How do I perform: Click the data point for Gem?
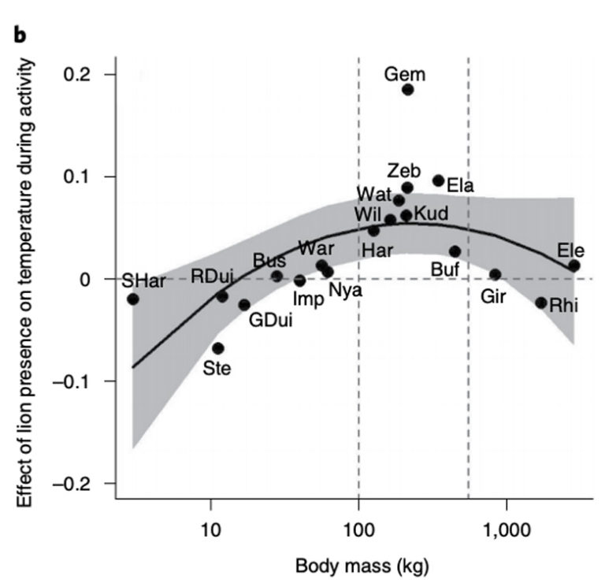[407, 89]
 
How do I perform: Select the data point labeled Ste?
[218, 348]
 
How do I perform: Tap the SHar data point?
[132, 299]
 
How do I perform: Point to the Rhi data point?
[540, 303]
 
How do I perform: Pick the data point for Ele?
[574, 266]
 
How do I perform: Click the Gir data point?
[495, 274]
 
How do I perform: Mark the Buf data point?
[455, 251]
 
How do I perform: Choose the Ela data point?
[438, 180]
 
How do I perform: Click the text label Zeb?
[405, 170]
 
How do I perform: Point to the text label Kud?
[431, 214]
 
